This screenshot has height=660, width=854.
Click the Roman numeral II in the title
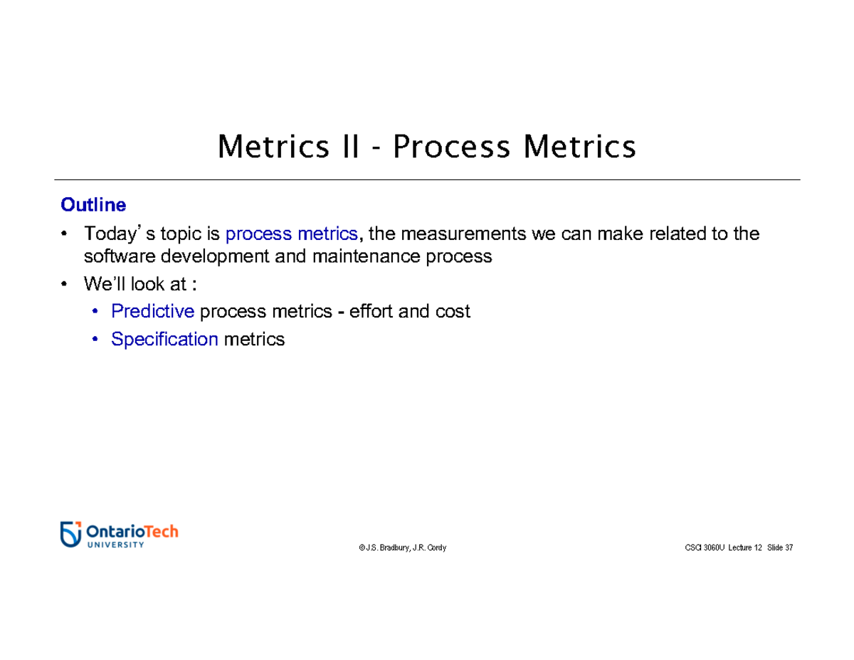click(x=347, y=147)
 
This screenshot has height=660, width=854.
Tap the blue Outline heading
click(x=93, y=205)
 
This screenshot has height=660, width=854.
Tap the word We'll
click(x=104, y=285)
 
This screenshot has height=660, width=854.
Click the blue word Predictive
click(x=152, y=311)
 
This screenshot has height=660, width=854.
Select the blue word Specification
click(x=164, y=340)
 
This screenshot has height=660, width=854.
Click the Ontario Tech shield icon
click(x=70, y=534)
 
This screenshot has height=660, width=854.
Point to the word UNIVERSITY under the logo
click(x=115, y=545)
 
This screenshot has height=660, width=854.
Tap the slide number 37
click(x=788, y=548)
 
